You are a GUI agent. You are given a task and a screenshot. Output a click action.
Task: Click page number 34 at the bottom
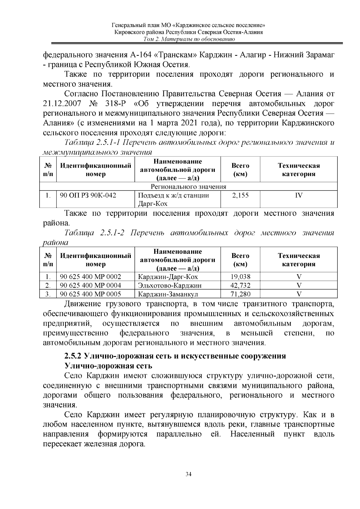pyautogui.click(x=188, y=474)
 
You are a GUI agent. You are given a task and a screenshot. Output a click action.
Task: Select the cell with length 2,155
pyautogui.click(x=240, y=196)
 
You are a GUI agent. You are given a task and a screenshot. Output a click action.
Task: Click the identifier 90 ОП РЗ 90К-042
pyautogui.click(x=88, y=196)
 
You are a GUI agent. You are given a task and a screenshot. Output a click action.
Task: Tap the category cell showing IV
pyautogui.click(x=298, y=196)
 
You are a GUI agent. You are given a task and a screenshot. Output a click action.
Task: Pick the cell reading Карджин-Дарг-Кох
pyautogui.click(x=168, y=277)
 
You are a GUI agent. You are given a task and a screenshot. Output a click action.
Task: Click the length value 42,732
pyautogui.click(x=240, y=285)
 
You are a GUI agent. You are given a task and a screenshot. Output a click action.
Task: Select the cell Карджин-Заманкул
pyautogui.click(x=168, y=294)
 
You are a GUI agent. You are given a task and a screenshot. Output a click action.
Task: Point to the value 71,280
pyautogui.click(x=240, y=294)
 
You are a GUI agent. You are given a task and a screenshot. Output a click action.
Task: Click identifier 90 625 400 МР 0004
pyautogui.click(x=90, y=285)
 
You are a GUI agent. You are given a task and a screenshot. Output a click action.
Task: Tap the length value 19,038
pyautogui.click(x=240, y=277)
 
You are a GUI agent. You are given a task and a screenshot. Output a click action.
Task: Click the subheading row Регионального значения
pyautogui.click(x=188, y=187)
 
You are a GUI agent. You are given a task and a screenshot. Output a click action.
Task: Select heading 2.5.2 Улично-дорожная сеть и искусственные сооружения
pyautogui.click(x=175, y=356)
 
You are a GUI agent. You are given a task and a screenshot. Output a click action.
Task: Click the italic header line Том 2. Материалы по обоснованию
pyautogui.click(x=189, y=39)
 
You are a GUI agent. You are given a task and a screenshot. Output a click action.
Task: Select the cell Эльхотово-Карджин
pyautogui.click(x=169, y=285)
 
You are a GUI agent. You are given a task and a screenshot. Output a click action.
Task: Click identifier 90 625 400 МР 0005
pyautogui.click(x=90, y=294)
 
